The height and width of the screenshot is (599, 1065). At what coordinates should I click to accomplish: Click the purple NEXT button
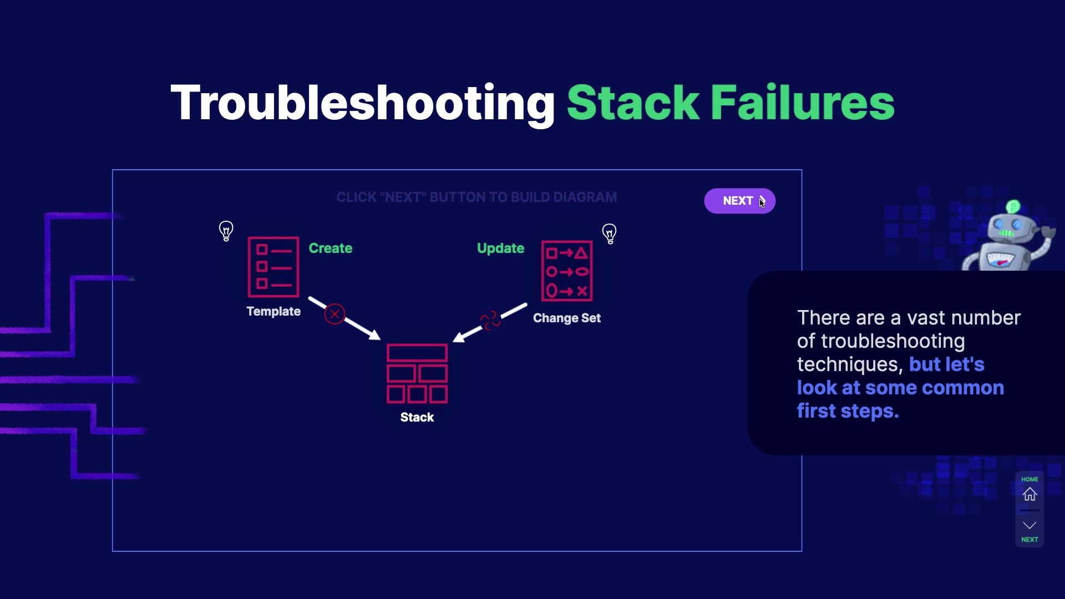(x=739, y=201)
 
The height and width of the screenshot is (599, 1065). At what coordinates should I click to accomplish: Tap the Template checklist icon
(x=273, y=267)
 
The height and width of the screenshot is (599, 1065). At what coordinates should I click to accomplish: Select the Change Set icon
(x=566, y=271)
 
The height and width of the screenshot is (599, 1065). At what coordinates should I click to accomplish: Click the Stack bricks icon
(x=417, y=373)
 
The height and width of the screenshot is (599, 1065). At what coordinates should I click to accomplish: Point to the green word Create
(x=330, y=248)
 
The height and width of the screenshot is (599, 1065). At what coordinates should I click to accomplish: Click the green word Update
(x=500, y=248)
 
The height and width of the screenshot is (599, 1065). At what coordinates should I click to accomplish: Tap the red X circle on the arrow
(x=334, y=314)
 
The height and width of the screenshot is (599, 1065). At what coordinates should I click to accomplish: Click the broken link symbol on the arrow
(x=490, y=320)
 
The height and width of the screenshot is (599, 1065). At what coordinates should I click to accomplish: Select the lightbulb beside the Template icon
(x=226, y=231)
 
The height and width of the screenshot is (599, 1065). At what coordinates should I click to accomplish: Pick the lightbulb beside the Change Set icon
(x=609, y=233)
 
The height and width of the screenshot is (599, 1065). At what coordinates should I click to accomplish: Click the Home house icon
(x=1029, y=494)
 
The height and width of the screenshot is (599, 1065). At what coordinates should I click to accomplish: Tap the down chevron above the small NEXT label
(x=1029, y=525)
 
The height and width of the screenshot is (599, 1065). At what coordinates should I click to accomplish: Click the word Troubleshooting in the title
(x=362, y=103)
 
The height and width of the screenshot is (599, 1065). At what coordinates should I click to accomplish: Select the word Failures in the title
(x=802, y=103)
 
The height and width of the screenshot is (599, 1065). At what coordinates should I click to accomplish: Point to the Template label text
(x=273, y=312)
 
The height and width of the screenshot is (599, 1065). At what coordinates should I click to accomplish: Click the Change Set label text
(x=566, y=318)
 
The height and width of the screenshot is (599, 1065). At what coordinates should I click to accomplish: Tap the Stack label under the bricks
(x=417, y=418)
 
